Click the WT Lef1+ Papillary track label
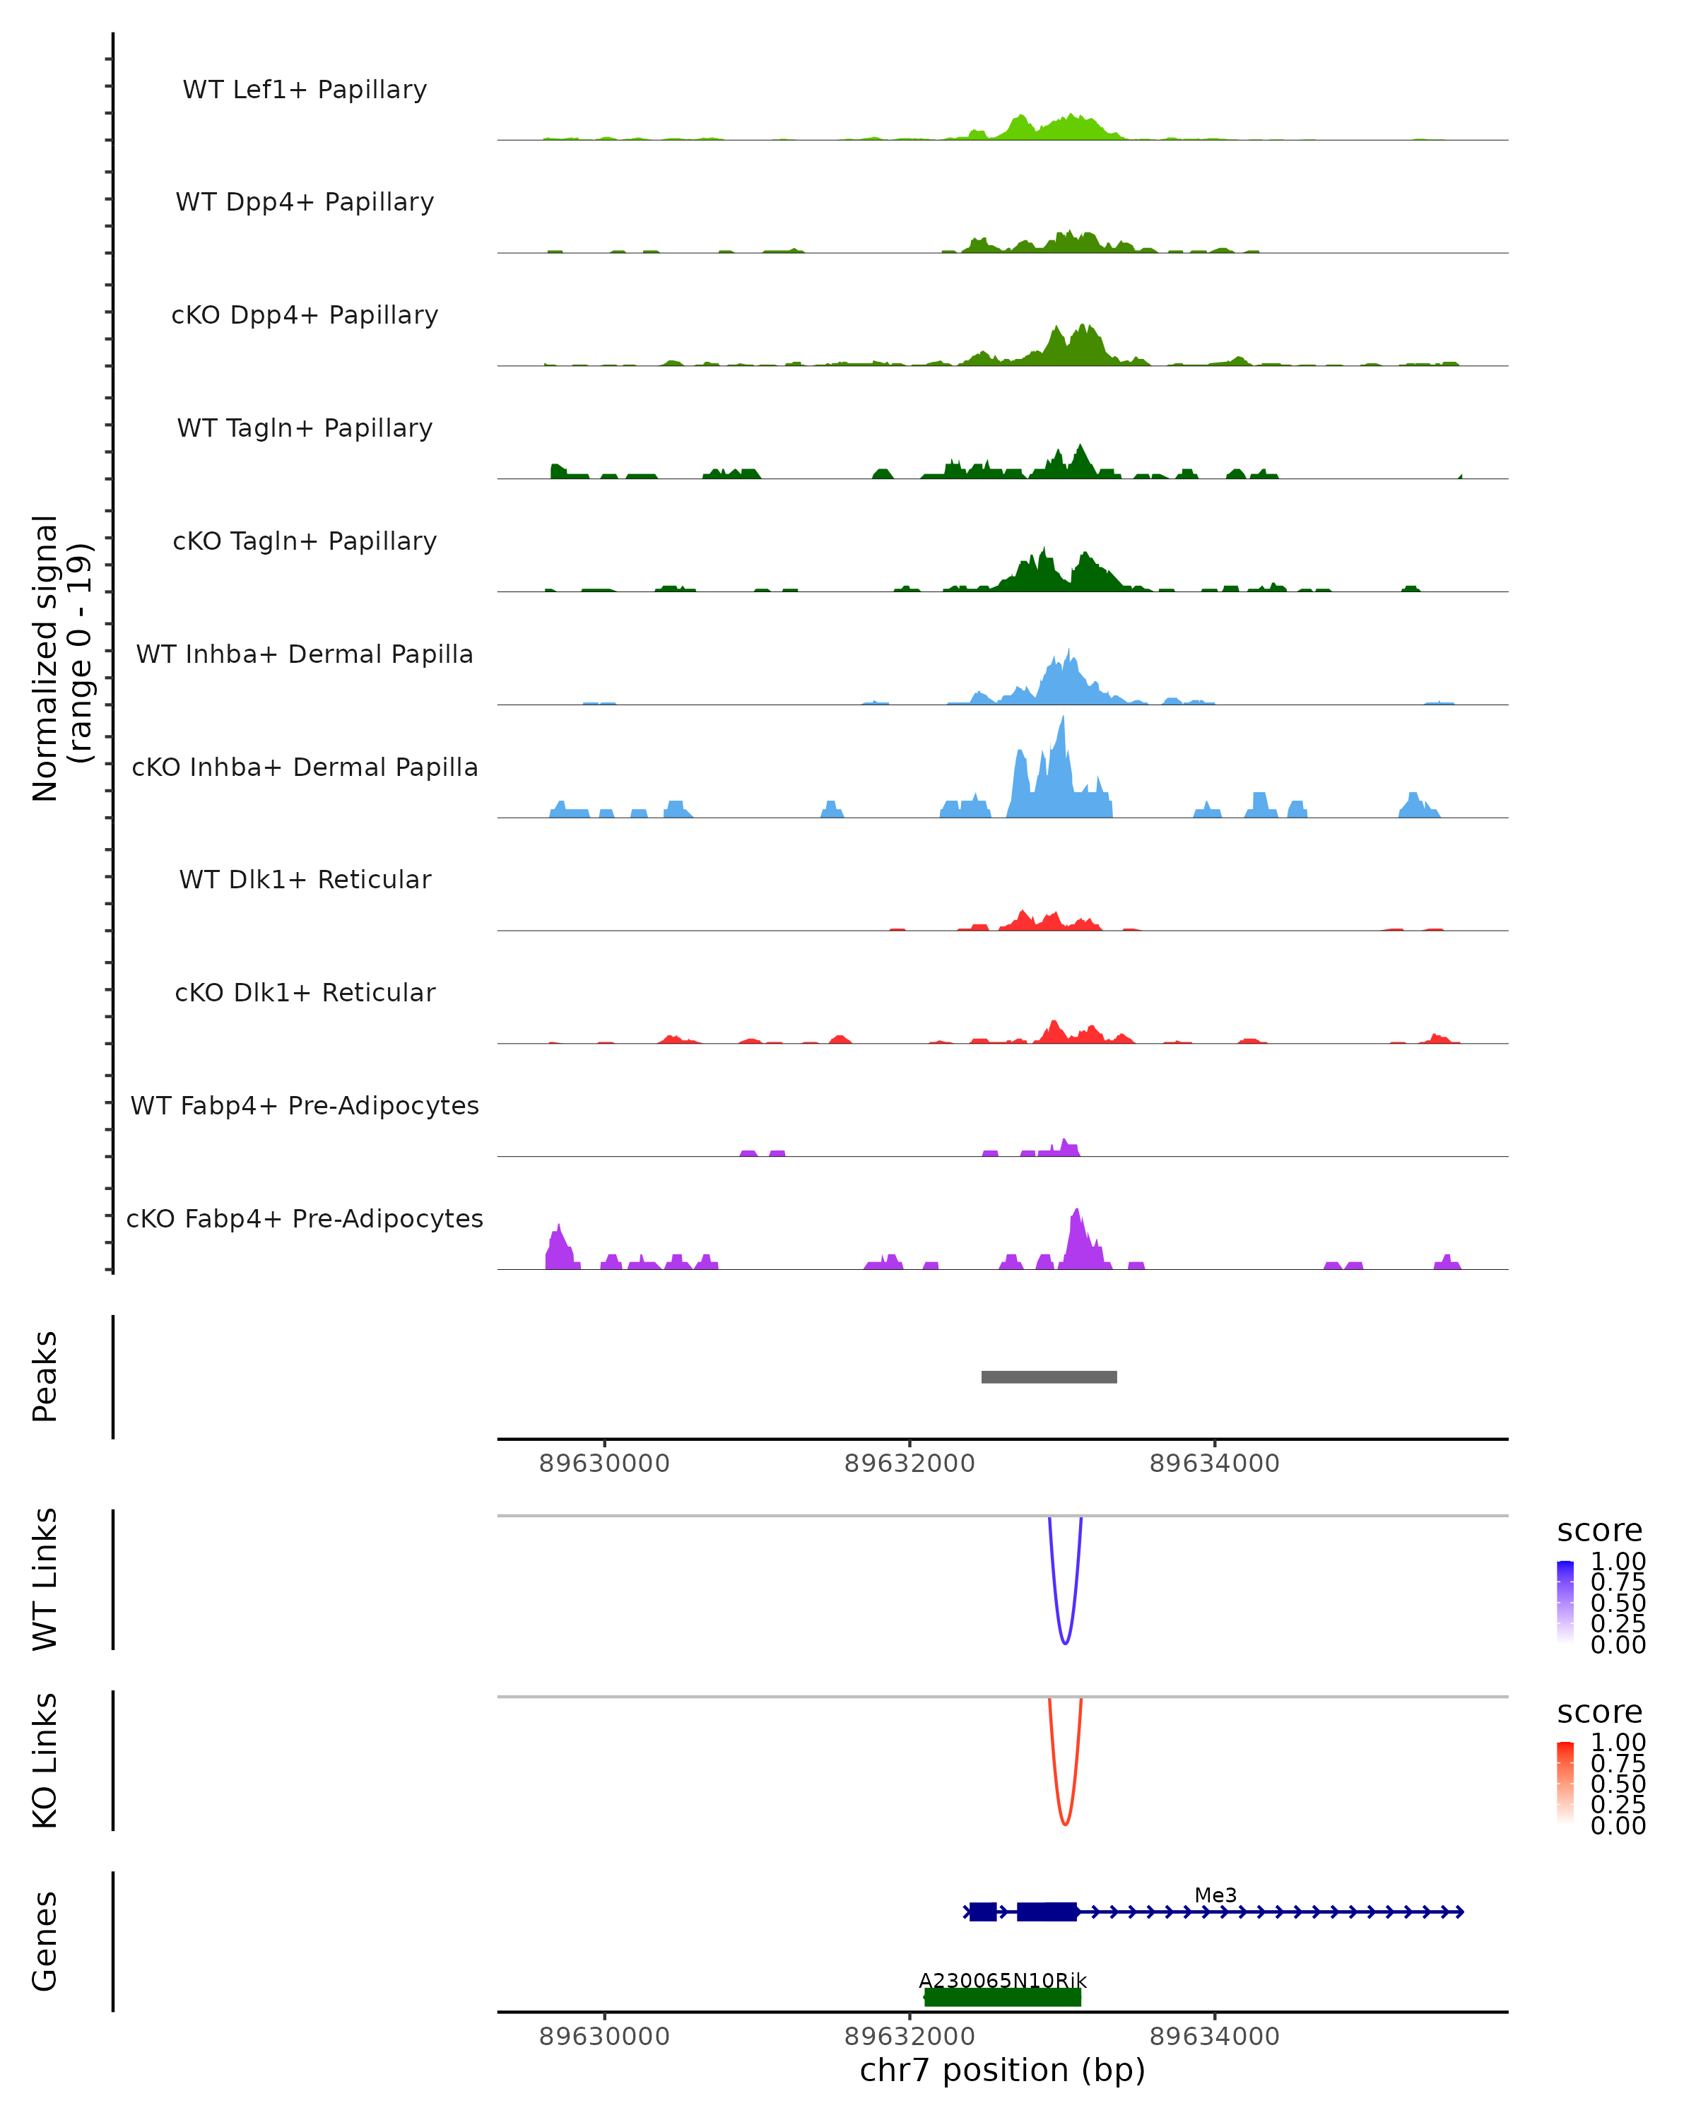tap(305, 90)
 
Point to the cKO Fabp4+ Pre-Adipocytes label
tap(305, 1218)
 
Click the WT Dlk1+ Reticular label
tap(305, 879)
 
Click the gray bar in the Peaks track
tap(1049, 1377)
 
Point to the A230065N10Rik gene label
tap(1002, 1980)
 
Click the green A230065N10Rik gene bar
tap(1002, 1998)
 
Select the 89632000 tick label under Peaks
tap(909, 1464)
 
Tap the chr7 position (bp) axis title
tap(1002, 2070)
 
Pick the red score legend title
tap(1600, 1712)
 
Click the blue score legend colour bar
tap(1565, 1602)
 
